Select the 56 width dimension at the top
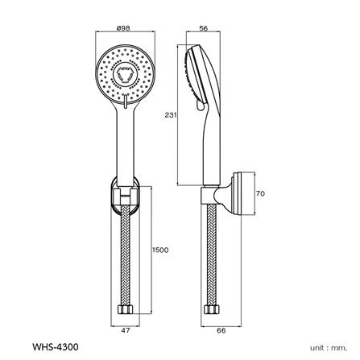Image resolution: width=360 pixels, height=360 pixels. pos(202,28)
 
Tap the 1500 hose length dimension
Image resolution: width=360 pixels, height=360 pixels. pos(160,251)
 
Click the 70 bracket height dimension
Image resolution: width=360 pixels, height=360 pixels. pos(261,194)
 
